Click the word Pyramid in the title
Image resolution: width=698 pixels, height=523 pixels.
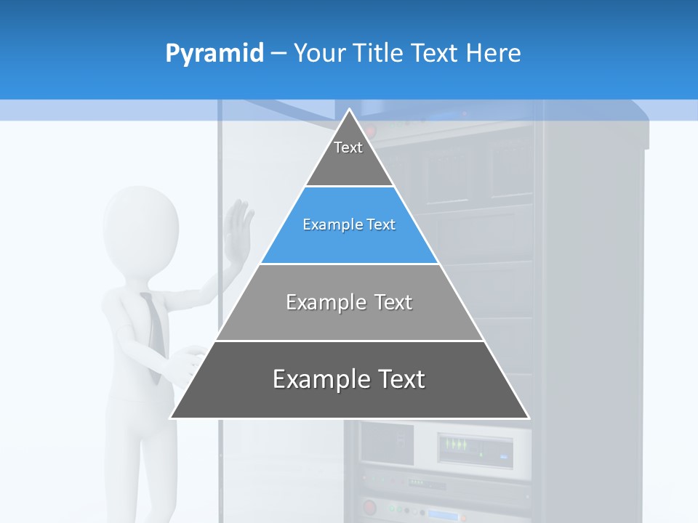click(214, 54)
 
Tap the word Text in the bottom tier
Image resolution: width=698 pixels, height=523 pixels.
click(396, 379)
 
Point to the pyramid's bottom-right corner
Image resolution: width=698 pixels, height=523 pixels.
click(528, 418)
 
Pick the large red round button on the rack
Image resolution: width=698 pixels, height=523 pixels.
click(369, 506)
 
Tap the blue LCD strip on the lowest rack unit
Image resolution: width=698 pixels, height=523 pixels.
click(443, 516)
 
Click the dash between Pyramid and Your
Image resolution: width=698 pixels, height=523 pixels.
click(278, 54)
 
